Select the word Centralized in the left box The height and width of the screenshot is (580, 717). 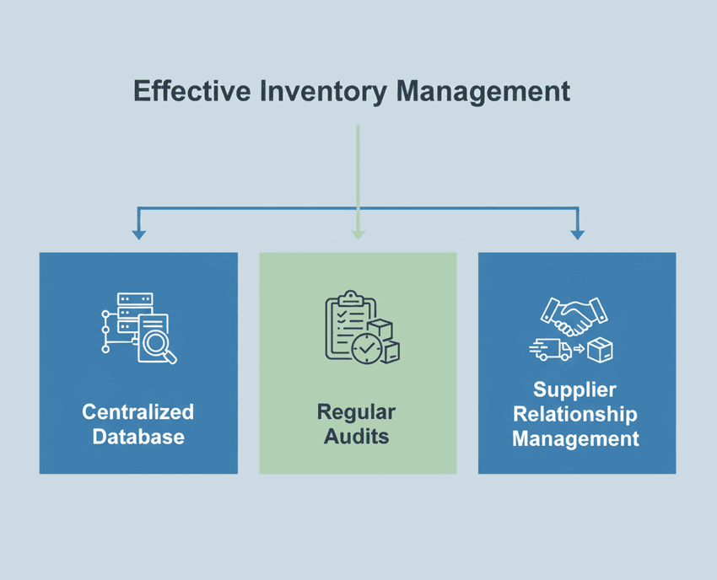[138, 412]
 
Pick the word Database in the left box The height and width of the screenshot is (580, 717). [138, 438]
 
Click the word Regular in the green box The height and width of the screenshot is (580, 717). [356, 412]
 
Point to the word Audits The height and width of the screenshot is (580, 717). [356, 438]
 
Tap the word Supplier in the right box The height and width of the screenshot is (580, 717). [575, 390]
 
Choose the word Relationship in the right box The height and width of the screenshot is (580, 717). [575, 414]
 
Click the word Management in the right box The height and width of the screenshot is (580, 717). [575, 439]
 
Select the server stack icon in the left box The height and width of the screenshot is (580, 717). [134, 312]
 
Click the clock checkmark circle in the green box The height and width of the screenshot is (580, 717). [367, 348]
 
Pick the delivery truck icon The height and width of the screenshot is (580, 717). [551, 349]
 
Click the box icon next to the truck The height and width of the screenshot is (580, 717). [601, 349]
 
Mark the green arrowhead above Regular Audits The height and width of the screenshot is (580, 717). [358, 234]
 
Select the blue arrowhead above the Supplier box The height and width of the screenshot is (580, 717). [577, 234]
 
